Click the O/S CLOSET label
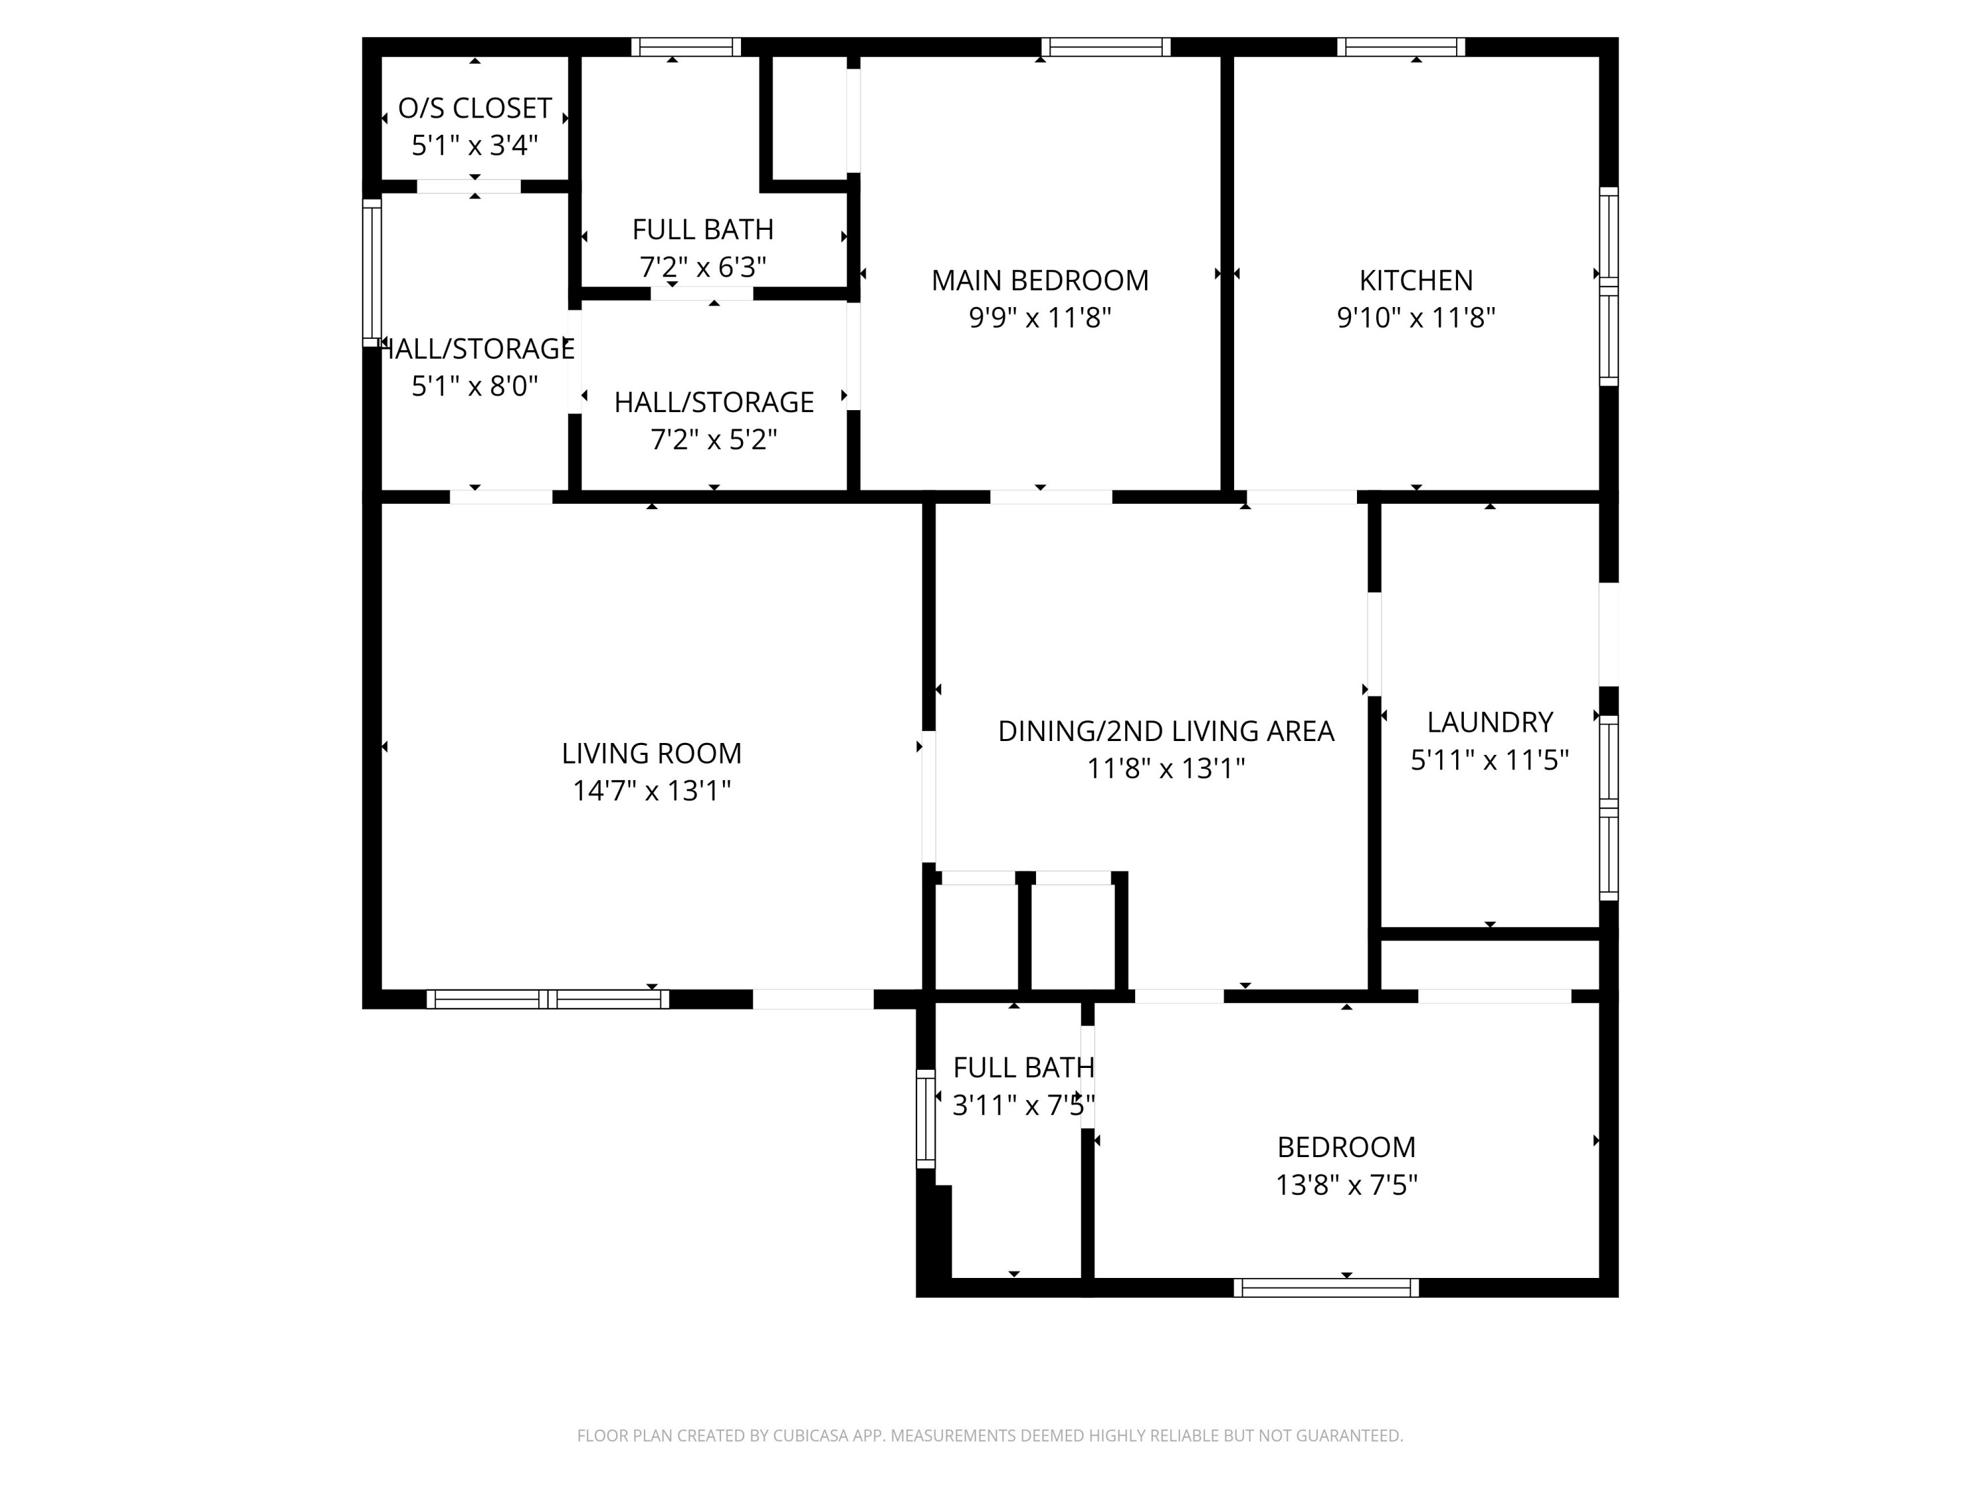pyautogui.click(x=475, y=108)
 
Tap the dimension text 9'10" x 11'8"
pyautogui.click(x=1416, y=318)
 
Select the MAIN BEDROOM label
pyautogui.click(x=1040, y=281)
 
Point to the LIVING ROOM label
pyautogui.click(x=651, y=754)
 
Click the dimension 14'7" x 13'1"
pyautogui.click(x=651, y=791)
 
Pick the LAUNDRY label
pyautogui.click(x=1489, y=722)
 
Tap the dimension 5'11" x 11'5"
pyautogui.click(x=1489, y=760)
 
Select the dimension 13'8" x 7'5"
pyautogui.click(x=1346, y=1185)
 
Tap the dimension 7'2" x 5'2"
pyautogui.click(x=714, y=440)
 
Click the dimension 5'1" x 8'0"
pyautogui.click(x=475, y=386)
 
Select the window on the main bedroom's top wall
pyautogui.click(x=1106, y=47)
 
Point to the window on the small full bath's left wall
pyautogui.click(x=925, y=1119)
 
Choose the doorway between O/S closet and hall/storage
pyautogui.click(x=468, y=186)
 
